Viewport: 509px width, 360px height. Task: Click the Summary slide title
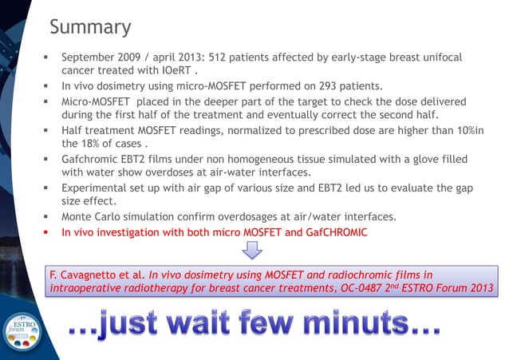tap(89, 27)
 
